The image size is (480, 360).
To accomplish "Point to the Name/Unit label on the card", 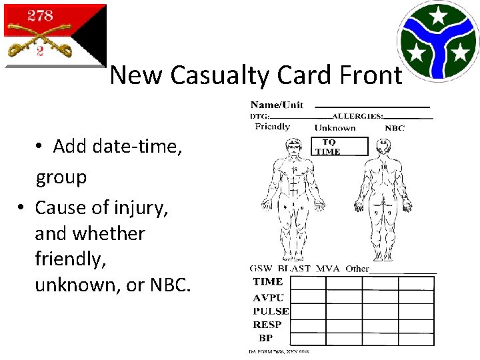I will (277, 105).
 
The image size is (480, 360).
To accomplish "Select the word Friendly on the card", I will (272, 127).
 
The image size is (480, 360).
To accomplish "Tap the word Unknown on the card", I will (335, 127).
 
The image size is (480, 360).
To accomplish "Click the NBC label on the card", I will (395, 127).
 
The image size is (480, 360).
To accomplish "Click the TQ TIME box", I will (339, 147).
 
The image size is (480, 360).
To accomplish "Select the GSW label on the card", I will (261, 269).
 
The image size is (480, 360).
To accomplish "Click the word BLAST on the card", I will (293, 269).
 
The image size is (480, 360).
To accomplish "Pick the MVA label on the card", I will (328, 269).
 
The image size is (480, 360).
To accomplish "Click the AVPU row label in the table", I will (267, 297).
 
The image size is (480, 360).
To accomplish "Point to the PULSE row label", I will (271, 311).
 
